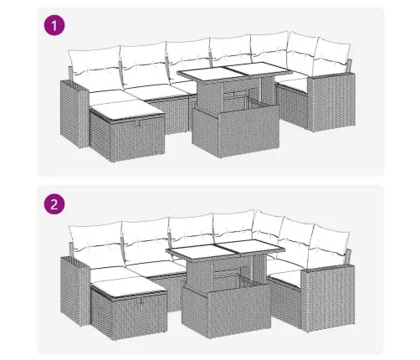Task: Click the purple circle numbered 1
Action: pyautogui.click(x=54, y=25)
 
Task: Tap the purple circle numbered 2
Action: pyautogui.click(x=54, y=204)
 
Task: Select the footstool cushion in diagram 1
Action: pyautogui.click(x=127, y=109)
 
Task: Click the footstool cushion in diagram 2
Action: pyautogui.click(x=129, y=288)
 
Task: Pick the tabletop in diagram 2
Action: pyautogui.click(x=225, y=249)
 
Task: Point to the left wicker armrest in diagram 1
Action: pyautogui.click(x=74, y=114)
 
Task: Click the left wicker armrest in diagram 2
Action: pyautogui.click(x=74, y=291)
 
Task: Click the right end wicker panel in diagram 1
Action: pyautogui.click(x=331, y=102)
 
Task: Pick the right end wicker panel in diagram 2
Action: pyautogui.click(x=328, y=297)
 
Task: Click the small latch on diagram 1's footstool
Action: pyautogui.click(x=138, y=124)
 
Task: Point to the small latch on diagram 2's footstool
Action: pyautogui.click(x=141, y=301)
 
